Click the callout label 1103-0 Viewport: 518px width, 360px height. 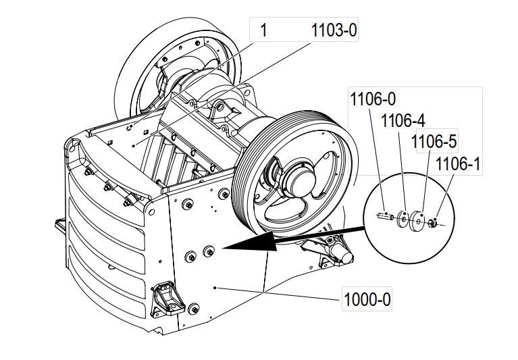[x=333, y=30]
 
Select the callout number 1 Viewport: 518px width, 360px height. [x=264, y=30]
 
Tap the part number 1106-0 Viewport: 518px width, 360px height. [x=372, y=99]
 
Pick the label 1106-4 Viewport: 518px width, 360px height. [x=403, y=121]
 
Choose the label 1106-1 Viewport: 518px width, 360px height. [x=457, y=163]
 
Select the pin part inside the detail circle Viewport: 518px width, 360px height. [x=384, y=217]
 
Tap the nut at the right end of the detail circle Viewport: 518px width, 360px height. [x=432, y=222]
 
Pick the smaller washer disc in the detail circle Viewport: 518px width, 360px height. [x=402, y=218]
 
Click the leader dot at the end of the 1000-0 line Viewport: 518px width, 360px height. [x=215, y=287]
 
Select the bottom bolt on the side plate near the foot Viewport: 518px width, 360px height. [x=195, y=310]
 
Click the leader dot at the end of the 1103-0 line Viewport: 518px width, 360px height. [x=134, y=145]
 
